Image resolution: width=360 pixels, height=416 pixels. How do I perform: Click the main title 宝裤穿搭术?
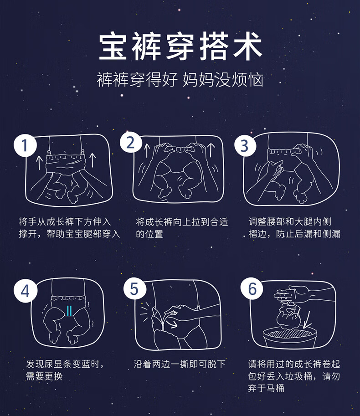180,46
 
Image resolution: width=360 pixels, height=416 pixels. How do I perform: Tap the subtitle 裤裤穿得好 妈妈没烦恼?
180,80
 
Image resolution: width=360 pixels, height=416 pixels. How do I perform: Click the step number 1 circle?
25,145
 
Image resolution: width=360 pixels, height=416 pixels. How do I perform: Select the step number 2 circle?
131,143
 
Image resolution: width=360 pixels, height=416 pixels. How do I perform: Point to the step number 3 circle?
245,145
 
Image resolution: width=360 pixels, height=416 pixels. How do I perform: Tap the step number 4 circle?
26,291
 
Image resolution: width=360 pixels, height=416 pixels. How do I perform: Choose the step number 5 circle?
135,289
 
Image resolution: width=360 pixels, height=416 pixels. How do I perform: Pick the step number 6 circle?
252,288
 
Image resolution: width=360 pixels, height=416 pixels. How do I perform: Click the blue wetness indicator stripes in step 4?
69,311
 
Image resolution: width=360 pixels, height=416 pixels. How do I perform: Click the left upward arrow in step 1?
39,163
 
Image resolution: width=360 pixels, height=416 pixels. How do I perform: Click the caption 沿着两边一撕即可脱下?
180,364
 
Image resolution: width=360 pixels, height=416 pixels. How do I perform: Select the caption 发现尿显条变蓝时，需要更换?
65,370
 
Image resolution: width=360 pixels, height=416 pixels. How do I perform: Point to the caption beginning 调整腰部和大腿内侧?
294,228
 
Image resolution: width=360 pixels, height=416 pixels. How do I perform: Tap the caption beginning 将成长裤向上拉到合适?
182,228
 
